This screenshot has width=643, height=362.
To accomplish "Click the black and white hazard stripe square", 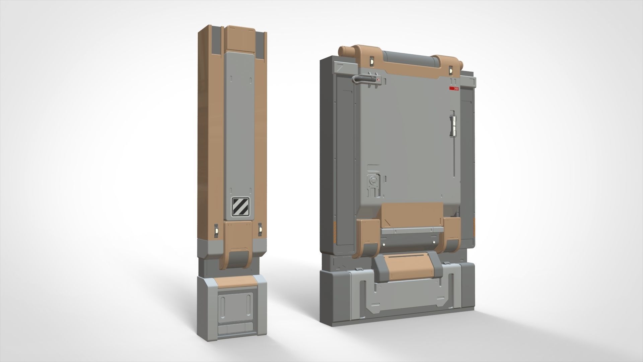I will pyautogui.click(x=240, y=206).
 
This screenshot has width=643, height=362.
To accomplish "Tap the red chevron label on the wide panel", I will pyautogui.click(x=454, y=88).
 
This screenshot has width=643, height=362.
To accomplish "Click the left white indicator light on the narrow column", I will pyautogui.click(x=216, y=231).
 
